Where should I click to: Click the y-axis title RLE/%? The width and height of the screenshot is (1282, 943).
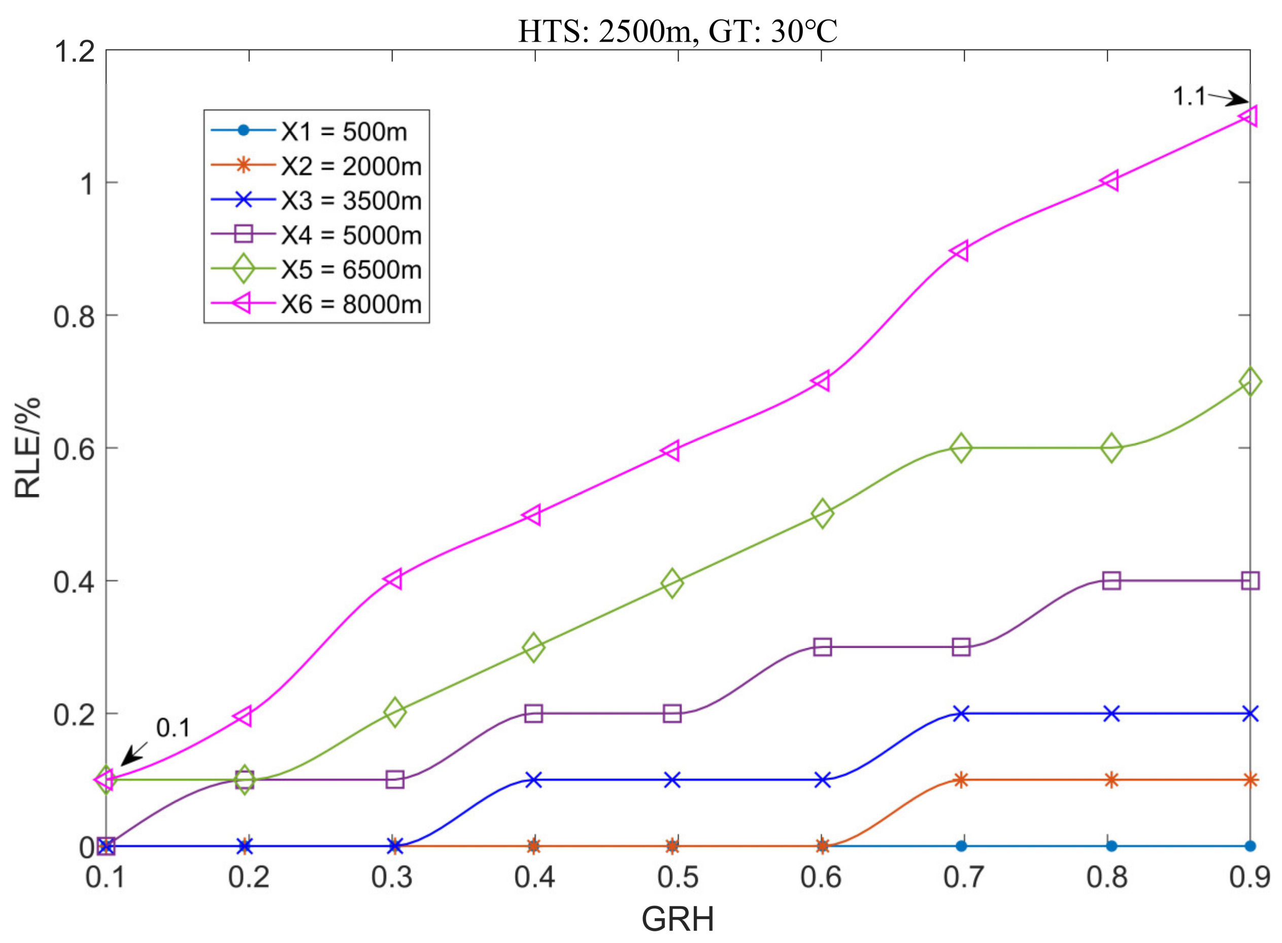click(27, 447)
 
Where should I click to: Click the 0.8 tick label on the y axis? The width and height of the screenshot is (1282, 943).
click(74, 316)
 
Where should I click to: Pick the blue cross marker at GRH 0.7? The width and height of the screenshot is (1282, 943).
click(961, 713)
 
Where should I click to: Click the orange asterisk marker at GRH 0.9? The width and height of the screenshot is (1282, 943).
click(1250, 780)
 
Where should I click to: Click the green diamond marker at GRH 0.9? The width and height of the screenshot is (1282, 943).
click(1250, 382)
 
